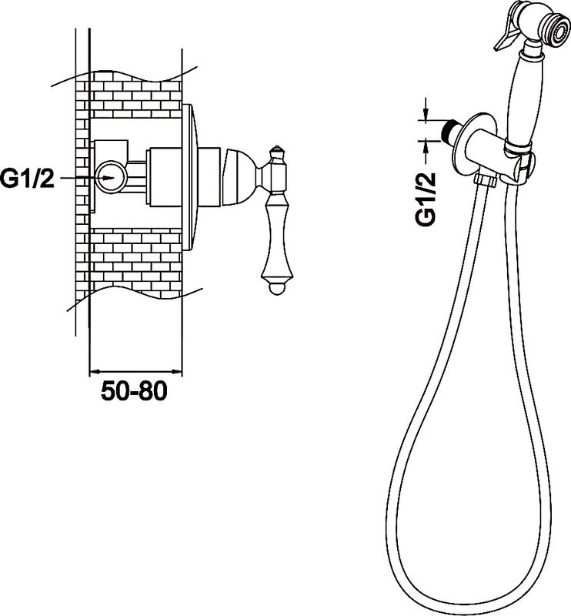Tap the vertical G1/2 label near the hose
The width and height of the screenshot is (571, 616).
[426, 198]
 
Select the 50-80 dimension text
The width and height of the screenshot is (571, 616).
[134, 391]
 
